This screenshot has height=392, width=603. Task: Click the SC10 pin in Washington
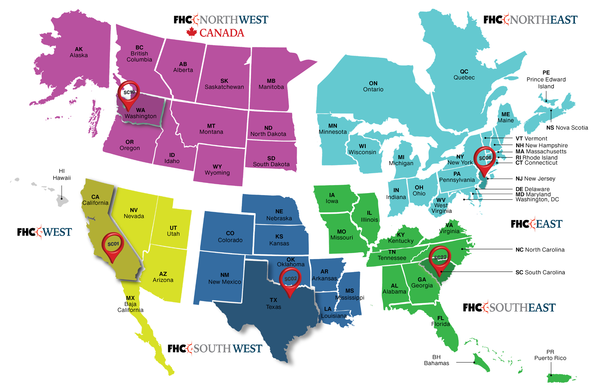click(129, 92)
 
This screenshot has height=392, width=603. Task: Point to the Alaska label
click(79, 52)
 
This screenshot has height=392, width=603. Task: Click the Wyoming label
click(217, 170)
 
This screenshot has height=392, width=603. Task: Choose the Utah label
click(173, 231)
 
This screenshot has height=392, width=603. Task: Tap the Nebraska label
click(279, 215)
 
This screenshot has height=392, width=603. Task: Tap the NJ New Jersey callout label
click(535, 179)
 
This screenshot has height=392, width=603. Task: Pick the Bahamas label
click(436, 360)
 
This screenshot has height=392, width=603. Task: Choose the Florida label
click(441, 321)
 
